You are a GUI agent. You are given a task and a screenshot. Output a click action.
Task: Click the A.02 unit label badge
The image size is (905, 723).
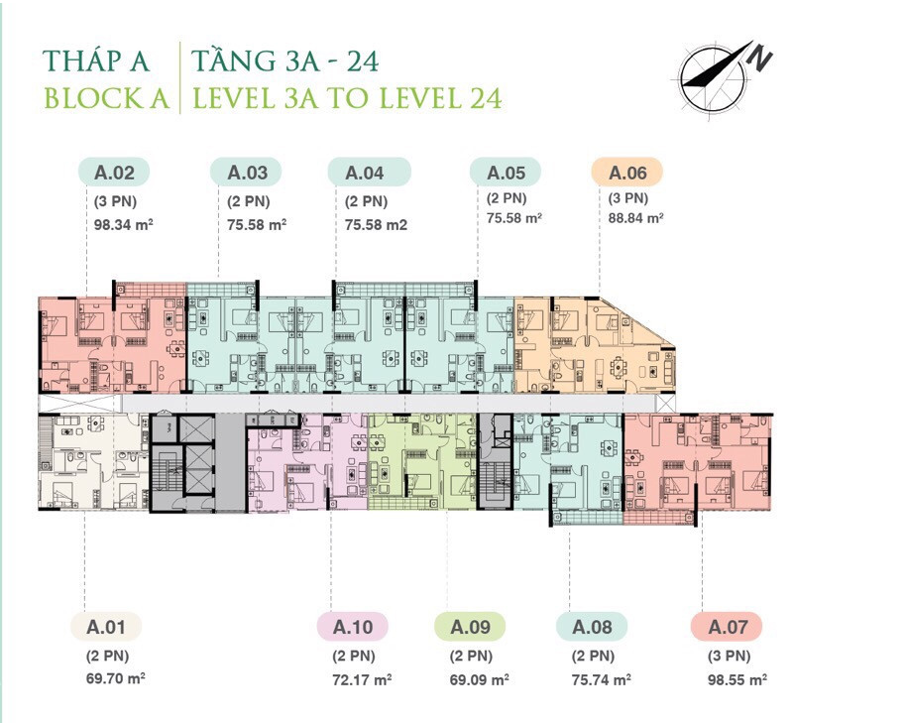tap(114, 173)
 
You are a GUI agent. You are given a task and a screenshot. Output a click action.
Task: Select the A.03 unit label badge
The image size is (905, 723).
tap(247, 173)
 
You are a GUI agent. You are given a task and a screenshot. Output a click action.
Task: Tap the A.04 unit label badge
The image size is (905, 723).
tap(365, 173)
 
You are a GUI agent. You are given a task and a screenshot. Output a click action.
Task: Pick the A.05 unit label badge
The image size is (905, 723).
tap(506, 173)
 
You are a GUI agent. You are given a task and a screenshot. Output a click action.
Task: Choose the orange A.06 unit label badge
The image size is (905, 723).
tap(626, 173)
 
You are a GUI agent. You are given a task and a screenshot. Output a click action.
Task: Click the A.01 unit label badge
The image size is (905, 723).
tap(105, 627)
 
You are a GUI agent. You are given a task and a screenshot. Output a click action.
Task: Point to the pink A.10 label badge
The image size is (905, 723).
tap(352, 627)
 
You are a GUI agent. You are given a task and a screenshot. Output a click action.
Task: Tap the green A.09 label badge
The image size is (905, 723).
tap(470, 627)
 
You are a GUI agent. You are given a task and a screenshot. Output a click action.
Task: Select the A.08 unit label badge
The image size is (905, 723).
tap(592, 627)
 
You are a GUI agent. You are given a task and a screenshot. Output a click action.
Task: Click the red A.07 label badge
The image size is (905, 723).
tap(726, 627)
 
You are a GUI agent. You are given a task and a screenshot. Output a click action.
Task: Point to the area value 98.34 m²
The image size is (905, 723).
tap(124, 224)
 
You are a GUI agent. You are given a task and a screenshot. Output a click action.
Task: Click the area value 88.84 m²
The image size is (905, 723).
tap(635, 218)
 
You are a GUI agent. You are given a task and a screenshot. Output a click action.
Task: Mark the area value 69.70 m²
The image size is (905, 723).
tap(114, 679)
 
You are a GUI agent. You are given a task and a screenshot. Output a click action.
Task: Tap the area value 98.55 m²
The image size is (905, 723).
tap(736, 679)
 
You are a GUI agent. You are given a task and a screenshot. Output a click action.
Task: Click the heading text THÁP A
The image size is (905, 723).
tap(95, 60)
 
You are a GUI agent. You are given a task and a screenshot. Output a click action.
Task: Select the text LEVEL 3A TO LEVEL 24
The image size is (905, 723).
tap(347, 98)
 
